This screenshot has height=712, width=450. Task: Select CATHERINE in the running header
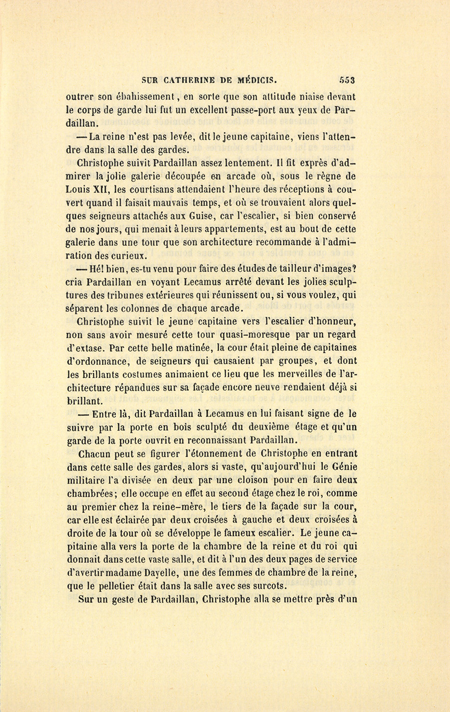[191, 79]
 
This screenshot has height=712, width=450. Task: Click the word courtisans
[153, 189]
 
